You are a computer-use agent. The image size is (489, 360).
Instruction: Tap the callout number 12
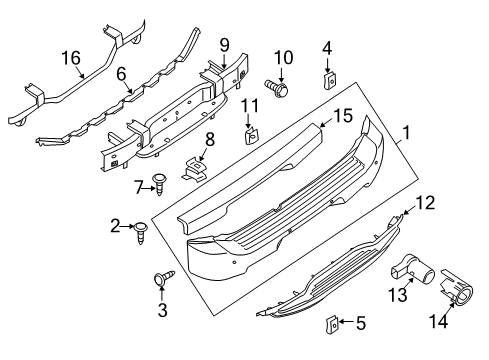pos(425,203)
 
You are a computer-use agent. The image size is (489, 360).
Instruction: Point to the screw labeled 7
pos(159,183)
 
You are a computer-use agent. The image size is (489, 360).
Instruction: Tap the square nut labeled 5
pos(327,322)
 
